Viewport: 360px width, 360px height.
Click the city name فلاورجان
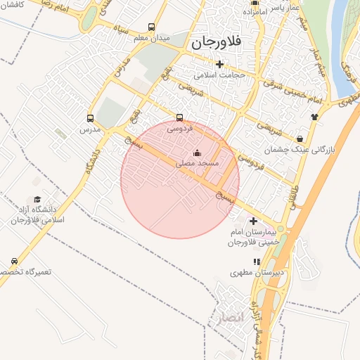216,43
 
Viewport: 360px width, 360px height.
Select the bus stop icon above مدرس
90,118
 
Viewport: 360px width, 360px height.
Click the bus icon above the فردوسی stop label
179,117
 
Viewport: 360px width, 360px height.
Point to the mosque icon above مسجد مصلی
197,153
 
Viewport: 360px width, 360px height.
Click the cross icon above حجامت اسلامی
219,64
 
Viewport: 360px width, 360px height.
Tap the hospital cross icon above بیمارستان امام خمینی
253,221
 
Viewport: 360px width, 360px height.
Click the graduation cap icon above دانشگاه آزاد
37,199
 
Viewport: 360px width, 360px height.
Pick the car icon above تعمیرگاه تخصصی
14,261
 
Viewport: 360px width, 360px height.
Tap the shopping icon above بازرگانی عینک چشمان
301,139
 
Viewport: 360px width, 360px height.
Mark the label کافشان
12,4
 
